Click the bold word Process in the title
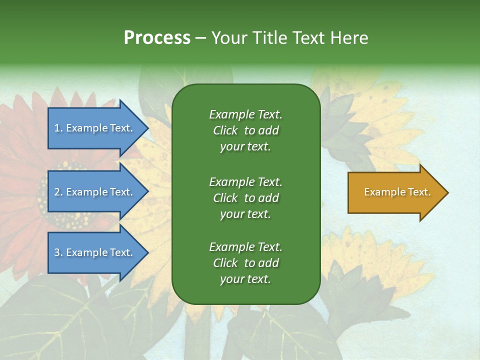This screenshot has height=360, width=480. (157, 38)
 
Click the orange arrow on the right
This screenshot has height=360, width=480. (395, 192)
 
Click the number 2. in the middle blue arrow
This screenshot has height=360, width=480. (58, 192)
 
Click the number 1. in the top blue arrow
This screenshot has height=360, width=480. (58, 128)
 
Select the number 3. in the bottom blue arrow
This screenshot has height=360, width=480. (58, 252)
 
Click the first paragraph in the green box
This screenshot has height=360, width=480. (245, 130)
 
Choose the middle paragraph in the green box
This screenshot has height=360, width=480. (245, 198)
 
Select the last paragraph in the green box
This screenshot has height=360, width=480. (245, 263)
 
